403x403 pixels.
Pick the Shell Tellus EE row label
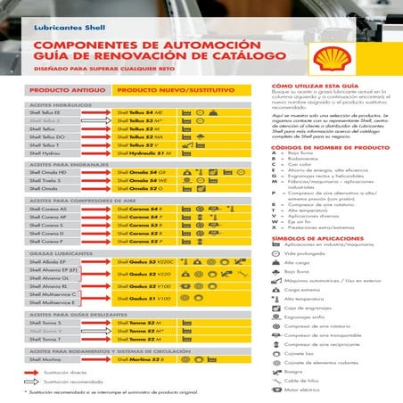coord(45,113)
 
